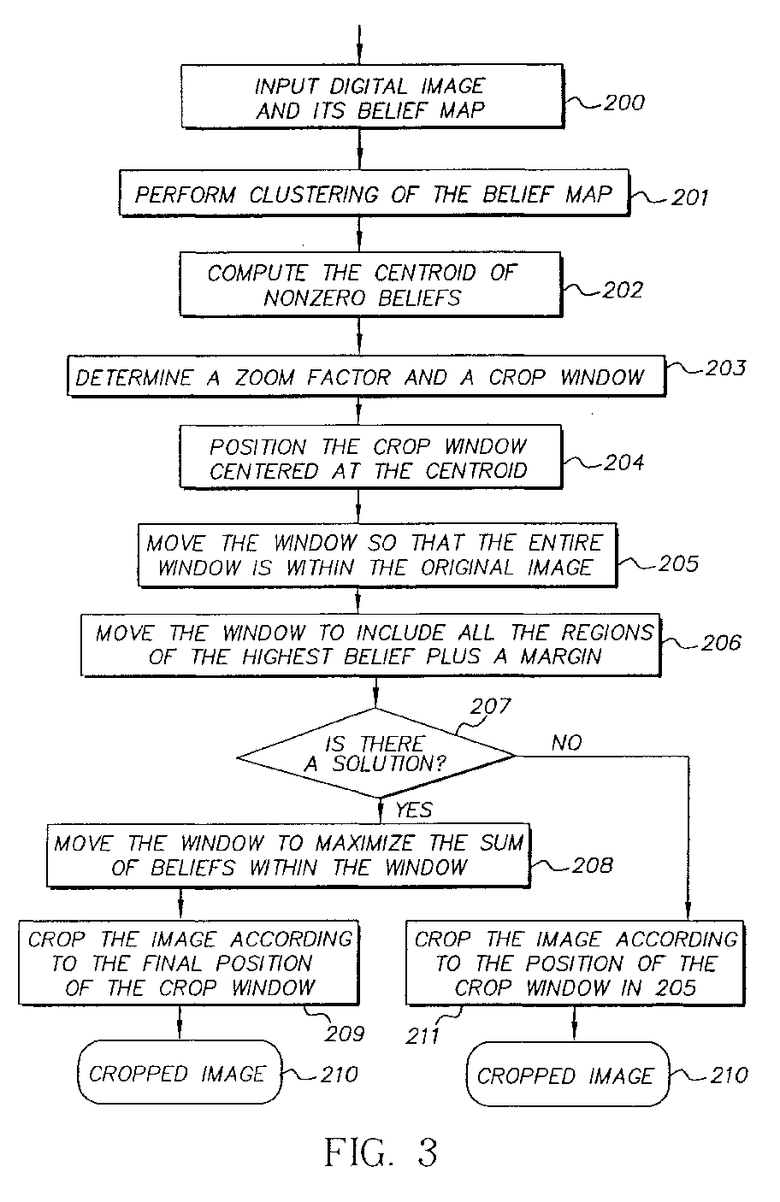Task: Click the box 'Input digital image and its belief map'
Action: coord(372,97)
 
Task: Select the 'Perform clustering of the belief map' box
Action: coord(374,193)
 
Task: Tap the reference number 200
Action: coord(624,103)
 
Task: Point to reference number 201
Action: coord(689,197)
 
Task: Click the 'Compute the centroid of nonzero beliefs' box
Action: coord(370,285)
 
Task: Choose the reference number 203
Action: coord(725,368)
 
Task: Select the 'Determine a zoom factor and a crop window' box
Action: coord(366,376)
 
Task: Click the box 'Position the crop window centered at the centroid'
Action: coord(370,457)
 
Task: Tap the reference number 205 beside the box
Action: coord(678,564)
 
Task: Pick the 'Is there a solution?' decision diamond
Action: coord(376,753)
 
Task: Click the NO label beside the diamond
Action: coord(567,743)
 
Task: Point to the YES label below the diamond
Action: coord(414,810)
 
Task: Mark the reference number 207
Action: coord(491,706)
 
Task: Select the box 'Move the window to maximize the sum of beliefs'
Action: coord(288,856)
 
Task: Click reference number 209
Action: coord(344,1034)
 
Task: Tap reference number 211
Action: coord(422,1036)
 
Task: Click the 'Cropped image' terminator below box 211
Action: coord(568,1075)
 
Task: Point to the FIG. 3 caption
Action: coord(381,1152)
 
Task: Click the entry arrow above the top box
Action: coord(359,44)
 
